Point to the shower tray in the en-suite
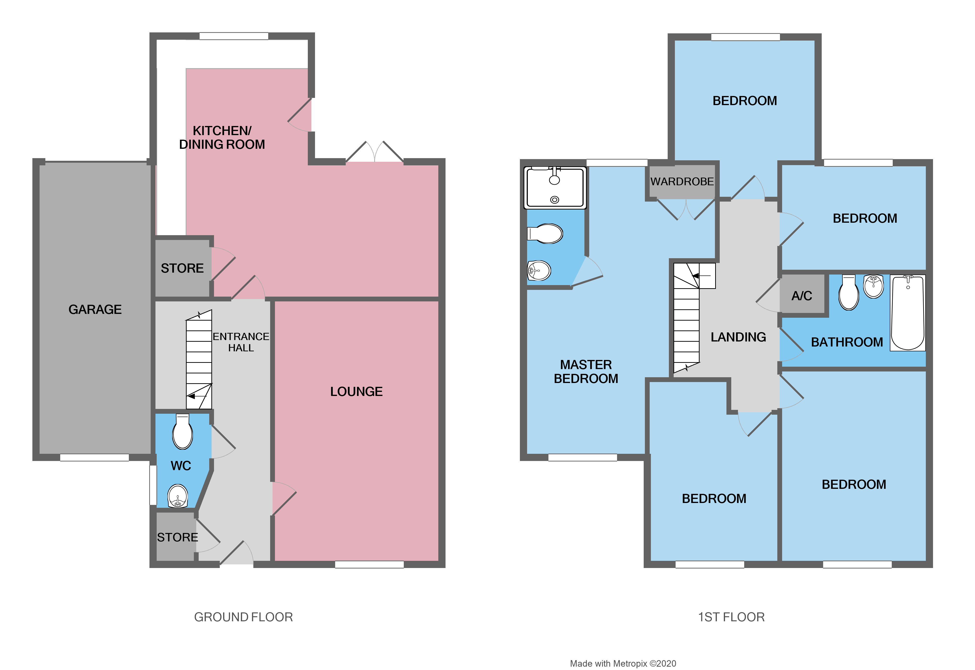[555, 188]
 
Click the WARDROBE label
[682, 182]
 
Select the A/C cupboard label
[802, 296]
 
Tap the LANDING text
[738, 337]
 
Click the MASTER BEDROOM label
[586, 371]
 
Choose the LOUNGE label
[356, 392]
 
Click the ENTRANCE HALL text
[241, 342]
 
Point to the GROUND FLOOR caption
[244, 617]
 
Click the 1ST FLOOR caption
[731, 617]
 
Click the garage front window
[95, 458]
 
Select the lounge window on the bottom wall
[369, 565]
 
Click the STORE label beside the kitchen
[182, 268]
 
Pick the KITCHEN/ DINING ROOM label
[222, 137]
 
